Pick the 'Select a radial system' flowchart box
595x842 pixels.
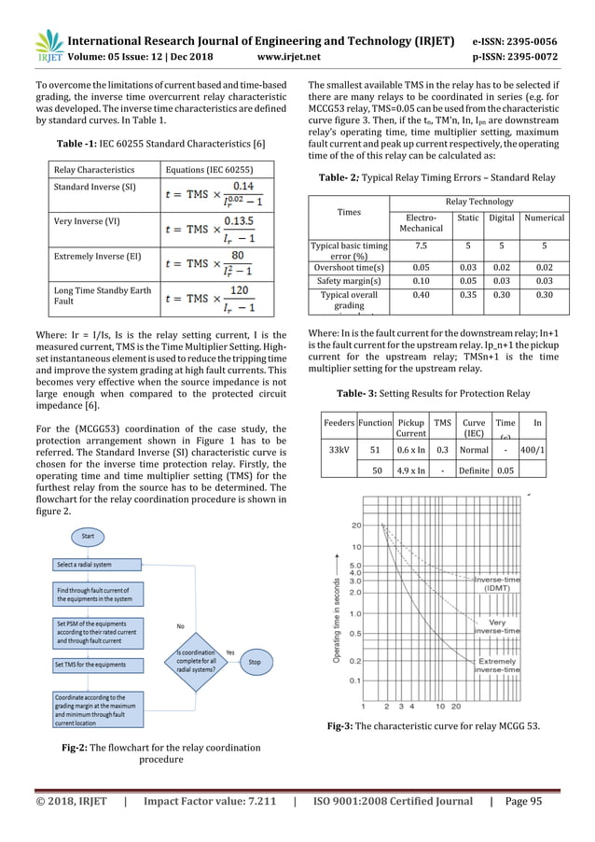click(90, 565)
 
